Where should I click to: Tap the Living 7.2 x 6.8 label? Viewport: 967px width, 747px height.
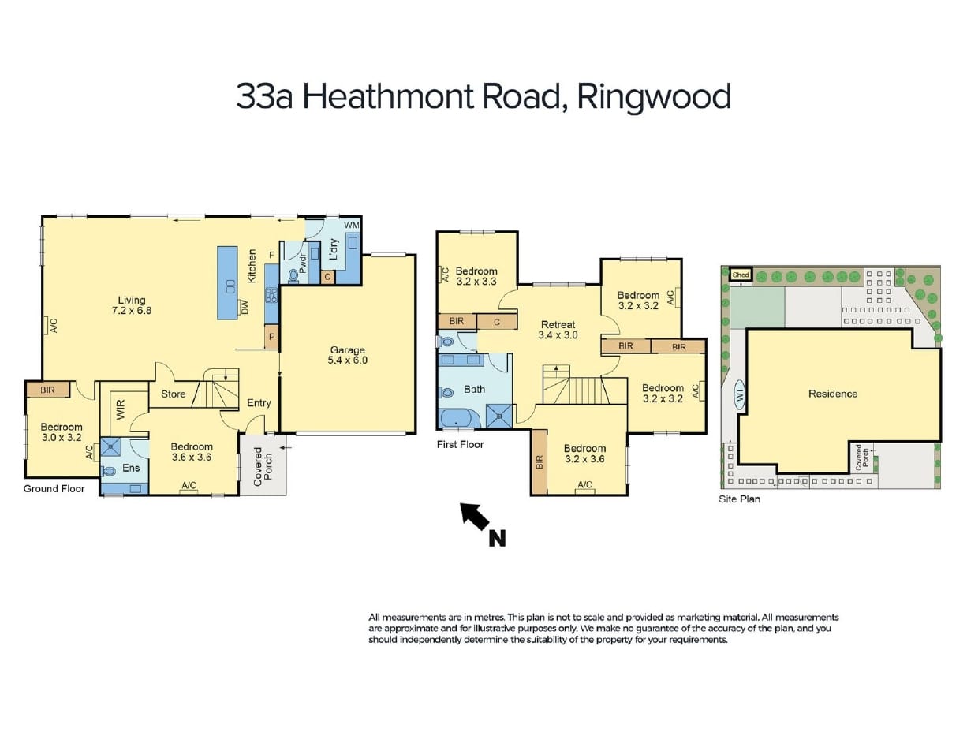click(x=133, y=305)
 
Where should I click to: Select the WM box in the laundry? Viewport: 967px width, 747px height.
click(x=351, y=226)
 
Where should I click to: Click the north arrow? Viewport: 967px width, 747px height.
click(x=476, y=519)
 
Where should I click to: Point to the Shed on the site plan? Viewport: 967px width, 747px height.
click(x=740, y=275)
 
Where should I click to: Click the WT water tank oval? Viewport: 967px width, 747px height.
click(x=740, y=396)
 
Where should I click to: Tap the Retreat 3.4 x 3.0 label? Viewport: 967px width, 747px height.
click(x=558, y=330)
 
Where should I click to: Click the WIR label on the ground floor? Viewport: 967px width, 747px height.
click(x=121, y=408)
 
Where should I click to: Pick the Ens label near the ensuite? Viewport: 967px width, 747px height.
click(x=131, y=468)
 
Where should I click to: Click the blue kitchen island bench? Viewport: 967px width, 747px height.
click(x=227, y=282)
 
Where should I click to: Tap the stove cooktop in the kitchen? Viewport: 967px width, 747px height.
click(x=271, y=296)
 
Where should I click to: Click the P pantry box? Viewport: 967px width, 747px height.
click(x=271, y=337)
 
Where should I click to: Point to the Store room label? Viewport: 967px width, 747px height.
click(x=174, y=394)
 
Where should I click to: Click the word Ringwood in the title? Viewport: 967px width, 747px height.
click(x=653, y=97)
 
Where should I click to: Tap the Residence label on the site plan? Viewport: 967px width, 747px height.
click(x=832, y=394)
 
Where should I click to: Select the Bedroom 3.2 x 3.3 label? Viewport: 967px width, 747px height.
click(x=476, y=275)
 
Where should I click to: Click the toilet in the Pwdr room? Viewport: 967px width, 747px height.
click(x=294, y=275)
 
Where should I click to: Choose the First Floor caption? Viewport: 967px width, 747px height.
click(x=460, y=445)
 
